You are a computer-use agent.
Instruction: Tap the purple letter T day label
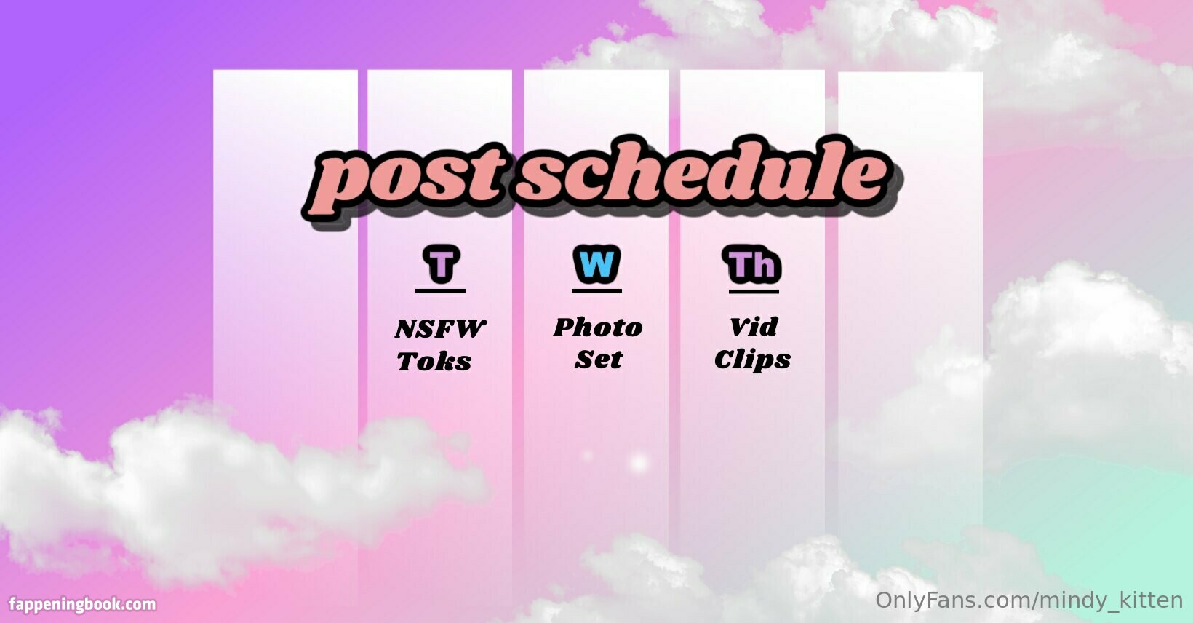click(x=441, y=263)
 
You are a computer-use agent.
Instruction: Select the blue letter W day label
click(x=596, y=263)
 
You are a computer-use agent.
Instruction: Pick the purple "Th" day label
click(x=752, y=264)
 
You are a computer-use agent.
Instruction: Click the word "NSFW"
click(x=440, y=329)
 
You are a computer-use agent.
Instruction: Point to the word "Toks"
click(x=434, y=361)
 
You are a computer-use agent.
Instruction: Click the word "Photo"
click(x=598, y=328)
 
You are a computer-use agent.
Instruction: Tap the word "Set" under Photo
click(x=599, y=360)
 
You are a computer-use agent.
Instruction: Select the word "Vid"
click(x=754, y=327)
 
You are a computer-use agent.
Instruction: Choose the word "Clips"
click(x=753, y=360)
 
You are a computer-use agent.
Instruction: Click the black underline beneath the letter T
click(x=440, y=291)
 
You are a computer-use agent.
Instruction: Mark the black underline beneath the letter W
click(x=596, y=291)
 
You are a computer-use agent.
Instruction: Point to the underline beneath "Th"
click(x=754, y=292)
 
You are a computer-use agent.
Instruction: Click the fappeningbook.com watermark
click(x=82, y=604)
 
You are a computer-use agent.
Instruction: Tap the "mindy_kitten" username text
click(x=1112, y=600)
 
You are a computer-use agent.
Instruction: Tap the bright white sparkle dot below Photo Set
click(x=639, y=463)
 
